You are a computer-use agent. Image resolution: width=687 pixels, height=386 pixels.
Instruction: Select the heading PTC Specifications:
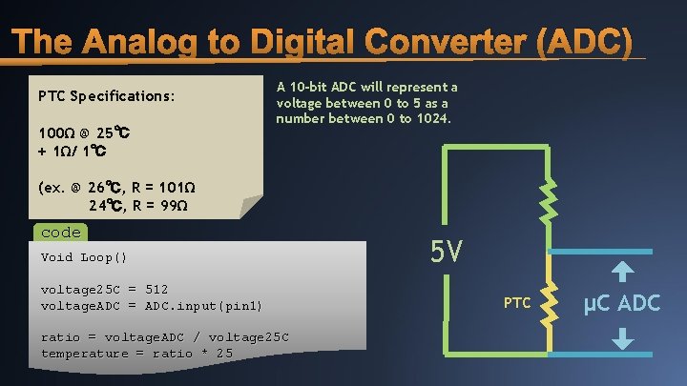[x=106, y=96]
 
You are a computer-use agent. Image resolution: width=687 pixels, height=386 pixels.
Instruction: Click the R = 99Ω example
[x=157, y=205]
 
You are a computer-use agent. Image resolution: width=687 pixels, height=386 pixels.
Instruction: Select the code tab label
[x=60, y=232]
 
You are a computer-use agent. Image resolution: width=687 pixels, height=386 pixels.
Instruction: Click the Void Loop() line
[x=84, y=257]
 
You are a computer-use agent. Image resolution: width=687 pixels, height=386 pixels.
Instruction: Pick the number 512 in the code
[x=157, y=289]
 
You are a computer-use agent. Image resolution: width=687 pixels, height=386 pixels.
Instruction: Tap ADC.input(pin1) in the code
[x=202, y=305]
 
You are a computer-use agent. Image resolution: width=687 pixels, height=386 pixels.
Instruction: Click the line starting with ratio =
[x=165, y=337]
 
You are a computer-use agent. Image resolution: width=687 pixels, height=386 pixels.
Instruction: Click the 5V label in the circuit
[x=447, y=252]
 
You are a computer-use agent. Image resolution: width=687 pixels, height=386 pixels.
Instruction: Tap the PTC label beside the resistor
[x=517, y=303]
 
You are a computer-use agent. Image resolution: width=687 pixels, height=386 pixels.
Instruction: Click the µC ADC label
[x=621, y=304]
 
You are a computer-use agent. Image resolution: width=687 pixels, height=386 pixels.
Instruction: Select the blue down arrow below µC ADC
[x=622, y=338]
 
